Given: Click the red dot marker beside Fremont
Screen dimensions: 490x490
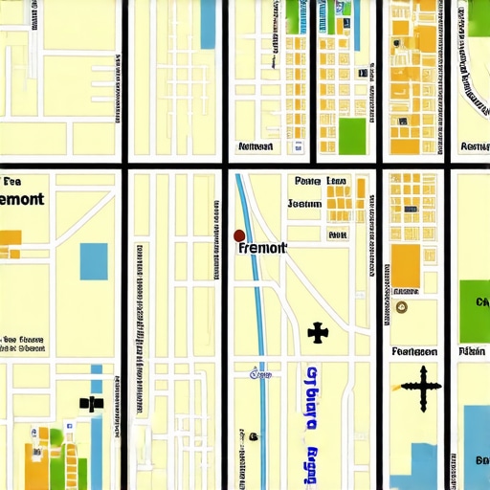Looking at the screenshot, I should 239,235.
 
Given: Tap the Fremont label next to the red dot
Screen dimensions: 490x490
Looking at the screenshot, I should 261,248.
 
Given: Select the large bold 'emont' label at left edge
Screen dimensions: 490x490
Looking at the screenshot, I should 22,200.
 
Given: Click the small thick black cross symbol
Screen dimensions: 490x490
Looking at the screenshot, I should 318,333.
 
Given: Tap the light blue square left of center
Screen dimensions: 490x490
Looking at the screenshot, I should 94,261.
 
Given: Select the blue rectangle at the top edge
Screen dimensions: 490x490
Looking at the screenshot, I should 208,24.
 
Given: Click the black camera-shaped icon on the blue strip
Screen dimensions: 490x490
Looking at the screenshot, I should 92,403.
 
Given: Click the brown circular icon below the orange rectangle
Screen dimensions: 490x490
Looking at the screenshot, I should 401,307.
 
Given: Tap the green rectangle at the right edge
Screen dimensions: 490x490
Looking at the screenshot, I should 475,311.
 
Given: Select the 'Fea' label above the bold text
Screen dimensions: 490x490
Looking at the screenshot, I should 12,181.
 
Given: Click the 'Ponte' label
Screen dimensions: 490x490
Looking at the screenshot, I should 308,181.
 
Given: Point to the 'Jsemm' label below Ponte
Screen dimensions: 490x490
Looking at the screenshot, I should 305,204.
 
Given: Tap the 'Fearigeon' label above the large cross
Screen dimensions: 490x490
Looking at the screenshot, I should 414,351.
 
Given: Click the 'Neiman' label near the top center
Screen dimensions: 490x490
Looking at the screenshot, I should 255,147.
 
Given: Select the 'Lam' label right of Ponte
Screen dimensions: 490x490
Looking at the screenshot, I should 337,181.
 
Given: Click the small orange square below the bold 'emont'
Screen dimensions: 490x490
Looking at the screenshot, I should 10,237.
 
